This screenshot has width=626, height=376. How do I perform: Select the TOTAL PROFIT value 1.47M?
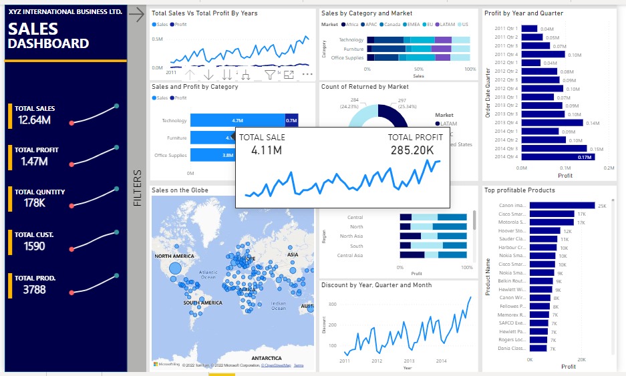[x=33, y=162]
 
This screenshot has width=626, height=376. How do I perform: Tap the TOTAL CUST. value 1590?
[x=33, y=246]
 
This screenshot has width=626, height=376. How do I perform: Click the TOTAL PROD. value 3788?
[x=35, y=289]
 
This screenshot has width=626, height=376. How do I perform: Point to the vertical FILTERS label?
[x=137, y=188]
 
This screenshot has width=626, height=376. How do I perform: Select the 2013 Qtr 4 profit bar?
[x=551, y=123]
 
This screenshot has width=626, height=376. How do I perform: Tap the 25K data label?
[x=601, y=206]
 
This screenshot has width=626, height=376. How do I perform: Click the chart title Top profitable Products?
[x=519, y=190]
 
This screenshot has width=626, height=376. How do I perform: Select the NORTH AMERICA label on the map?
[x=174, y=256]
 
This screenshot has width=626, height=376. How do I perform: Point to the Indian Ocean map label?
[x=279, y=305]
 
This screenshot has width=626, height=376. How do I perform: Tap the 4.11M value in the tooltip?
[x=267, y=150]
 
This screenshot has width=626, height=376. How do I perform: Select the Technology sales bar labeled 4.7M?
[x=237, y=120]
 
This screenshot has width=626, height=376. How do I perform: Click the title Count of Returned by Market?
[x=365, y=87]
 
